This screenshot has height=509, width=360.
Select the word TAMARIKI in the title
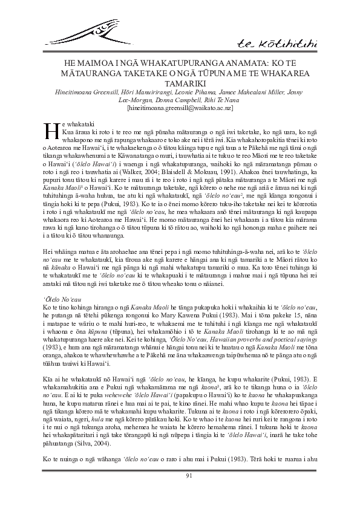click(180, 82)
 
